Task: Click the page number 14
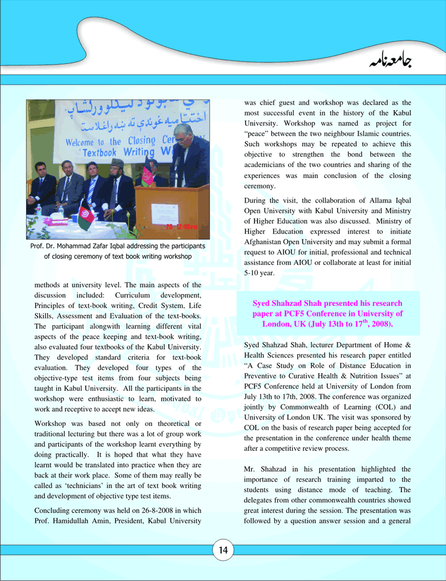[223, 550]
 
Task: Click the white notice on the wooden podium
[165, 211]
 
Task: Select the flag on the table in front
[84, 215]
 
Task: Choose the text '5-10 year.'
[259, 273]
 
